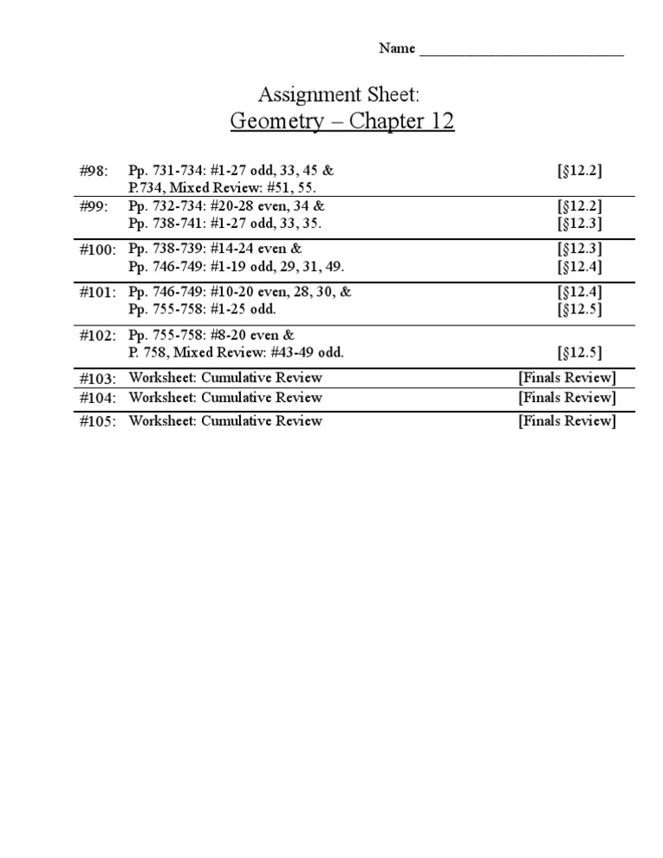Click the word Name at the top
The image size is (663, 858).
(x=397, y=48)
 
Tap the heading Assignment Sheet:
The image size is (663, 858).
(x=342, y=94)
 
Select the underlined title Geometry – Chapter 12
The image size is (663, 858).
(x=342, y=121)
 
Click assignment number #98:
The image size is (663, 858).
(x=93, y=171)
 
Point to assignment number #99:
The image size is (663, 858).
(x=93, y=206)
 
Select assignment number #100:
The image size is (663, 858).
(x=97, y=249)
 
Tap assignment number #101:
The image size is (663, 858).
(x=97, y=293)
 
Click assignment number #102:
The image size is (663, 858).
(x=97, y=335)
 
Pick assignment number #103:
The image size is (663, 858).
(x=97, y=378)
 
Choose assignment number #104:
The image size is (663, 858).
(x=97, y=398)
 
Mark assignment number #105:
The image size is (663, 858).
(x=97, y=421)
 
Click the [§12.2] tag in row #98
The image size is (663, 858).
(x=579, y=170)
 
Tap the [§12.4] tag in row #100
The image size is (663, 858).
(x=579, y=266)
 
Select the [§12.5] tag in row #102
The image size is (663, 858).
(x=579, y=351)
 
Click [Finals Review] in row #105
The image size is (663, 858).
(x=566, y=420)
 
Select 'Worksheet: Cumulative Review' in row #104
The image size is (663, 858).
(x=225, y=397)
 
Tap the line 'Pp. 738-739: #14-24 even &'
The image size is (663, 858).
(x=215, y=249)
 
